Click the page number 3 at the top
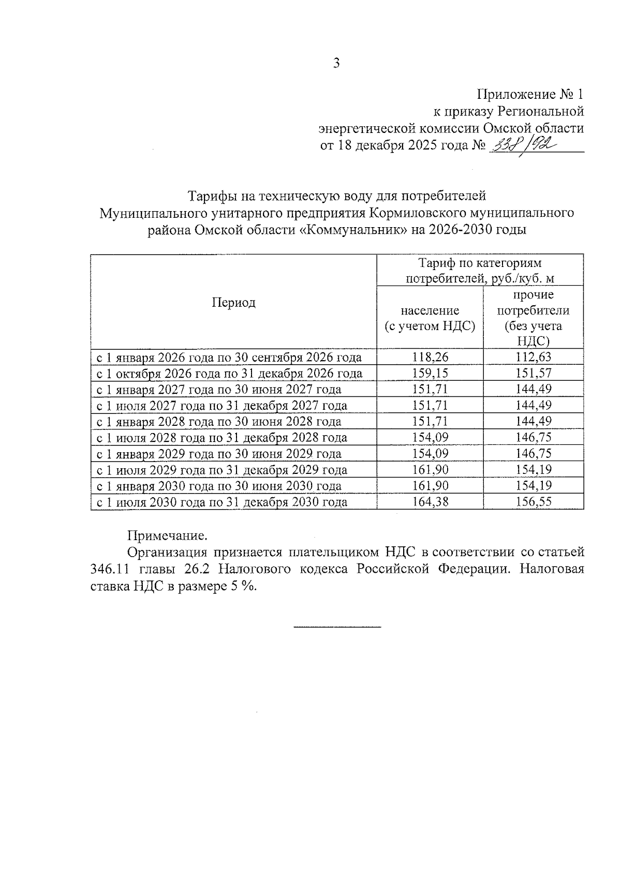(x=336, y=64)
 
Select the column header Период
(x=233, y=303)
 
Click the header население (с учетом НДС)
(x=430, y=318)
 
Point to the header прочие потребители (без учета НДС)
(x=533, y=318)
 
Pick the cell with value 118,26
(x=430, y=357)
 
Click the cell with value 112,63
(x=534, y=357)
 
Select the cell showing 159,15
(x=430, y=373)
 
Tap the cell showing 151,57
(x=534, y=373)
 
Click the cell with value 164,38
(x=430, y=502)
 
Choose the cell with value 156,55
(x=534, y=502)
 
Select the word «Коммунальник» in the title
(x=353, y=230)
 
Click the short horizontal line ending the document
(x=337, y=627)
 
